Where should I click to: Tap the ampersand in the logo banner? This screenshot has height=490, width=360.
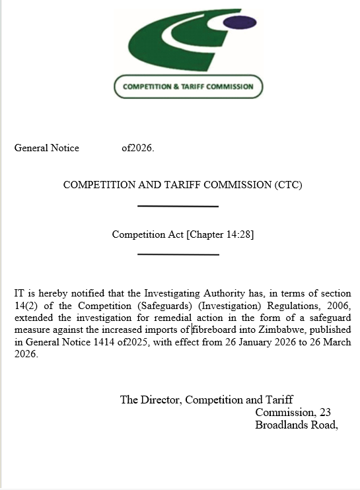pyautogui.click(x=174, y=87)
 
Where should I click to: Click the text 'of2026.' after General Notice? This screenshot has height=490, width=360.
pyautogui.click(x=137, y=148)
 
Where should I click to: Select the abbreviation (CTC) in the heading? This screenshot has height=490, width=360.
pyautogui.click(x=287, y=185)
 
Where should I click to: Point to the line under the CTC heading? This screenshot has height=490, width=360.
pyautogui.click(x=178, y=207)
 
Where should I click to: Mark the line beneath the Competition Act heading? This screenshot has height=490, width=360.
pyautogui.click(x=178, y=254)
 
